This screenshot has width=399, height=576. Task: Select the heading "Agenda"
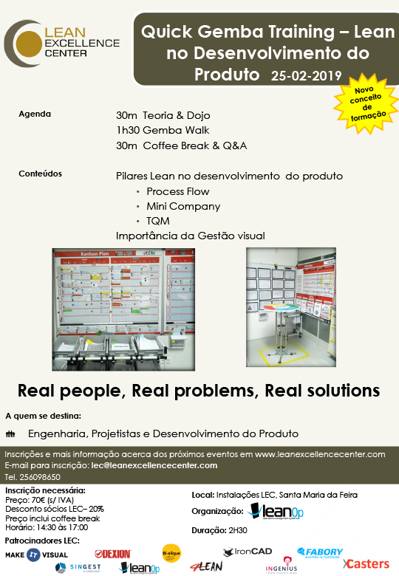35,114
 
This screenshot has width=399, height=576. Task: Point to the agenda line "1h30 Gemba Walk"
163,131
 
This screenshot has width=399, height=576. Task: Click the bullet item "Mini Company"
183,206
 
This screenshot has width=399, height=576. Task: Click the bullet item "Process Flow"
177,191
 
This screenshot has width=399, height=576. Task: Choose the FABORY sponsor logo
320,552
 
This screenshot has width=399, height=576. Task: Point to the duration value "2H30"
237,530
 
